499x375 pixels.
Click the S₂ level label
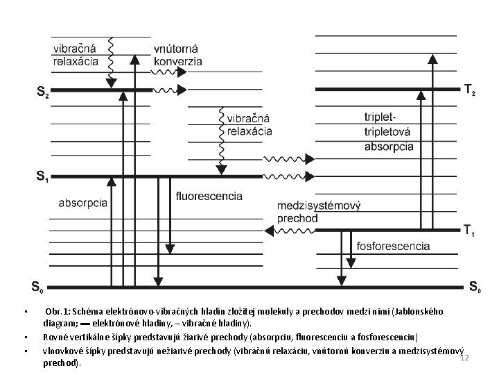(42, 92)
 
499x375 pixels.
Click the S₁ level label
(42, 177)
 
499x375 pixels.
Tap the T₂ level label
(469, 90)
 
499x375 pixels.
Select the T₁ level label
(469, 230)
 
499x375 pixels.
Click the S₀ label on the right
(476, 285)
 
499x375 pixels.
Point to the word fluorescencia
(209, 196)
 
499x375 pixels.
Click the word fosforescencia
(393, 246)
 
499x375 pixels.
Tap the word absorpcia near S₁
(83, 203)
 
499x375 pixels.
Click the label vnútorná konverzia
(178, 55)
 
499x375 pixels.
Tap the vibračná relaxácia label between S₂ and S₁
(249, 124)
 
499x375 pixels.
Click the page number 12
(465, 358)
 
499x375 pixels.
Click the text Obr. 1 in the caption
(55, 312)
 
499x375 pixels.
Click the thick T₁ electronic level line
(388, 230)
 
